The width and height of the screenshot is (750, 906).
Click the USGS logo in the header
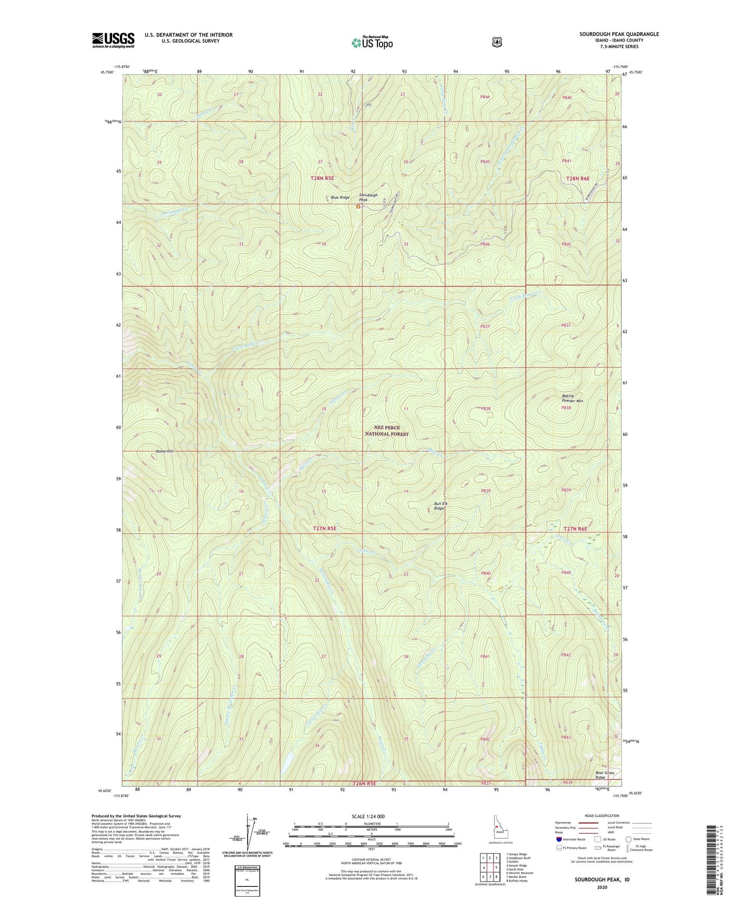113,40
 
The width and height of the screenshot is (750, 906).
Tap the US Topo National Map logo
372,42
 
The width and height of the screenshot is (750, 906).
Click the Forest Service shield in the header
497,42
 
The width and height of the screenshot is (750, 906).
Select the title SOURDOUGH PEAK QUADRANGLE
619,34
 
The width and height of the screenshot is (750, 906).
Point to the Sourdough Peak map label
368,197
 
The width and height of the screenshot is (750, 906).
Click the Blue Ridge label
340,197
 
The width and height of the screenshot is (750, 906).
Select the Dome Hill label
164,451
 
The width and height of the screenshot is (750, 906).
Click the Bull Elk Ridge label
440,506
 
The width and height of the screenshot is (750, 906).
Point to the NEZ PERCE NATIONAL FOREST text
387,431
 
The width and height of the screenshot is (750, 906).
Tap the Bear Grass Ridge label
604,775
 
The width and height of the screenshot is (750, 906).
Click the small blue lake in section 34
285,762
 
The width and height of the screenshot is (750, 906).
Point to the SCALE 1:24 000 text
368,816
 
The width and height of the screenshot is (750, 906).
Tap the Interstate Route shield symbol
558,839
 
